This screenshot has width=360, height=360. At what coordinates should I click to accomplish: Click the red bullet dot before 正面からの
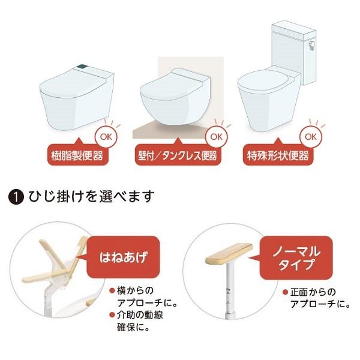tap(285, 292)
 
